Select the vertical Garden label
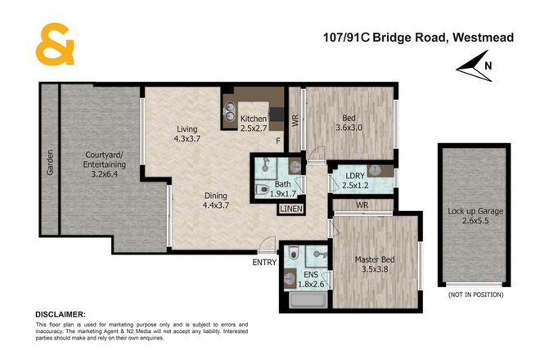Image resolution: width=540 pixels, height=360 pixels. tap(49, 162)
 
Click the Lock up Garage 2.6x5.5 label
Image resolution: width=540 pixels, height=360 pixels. tap(475, 216)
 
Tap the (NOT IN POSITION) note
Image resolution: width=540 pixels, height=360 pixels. tap(475, 293)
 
